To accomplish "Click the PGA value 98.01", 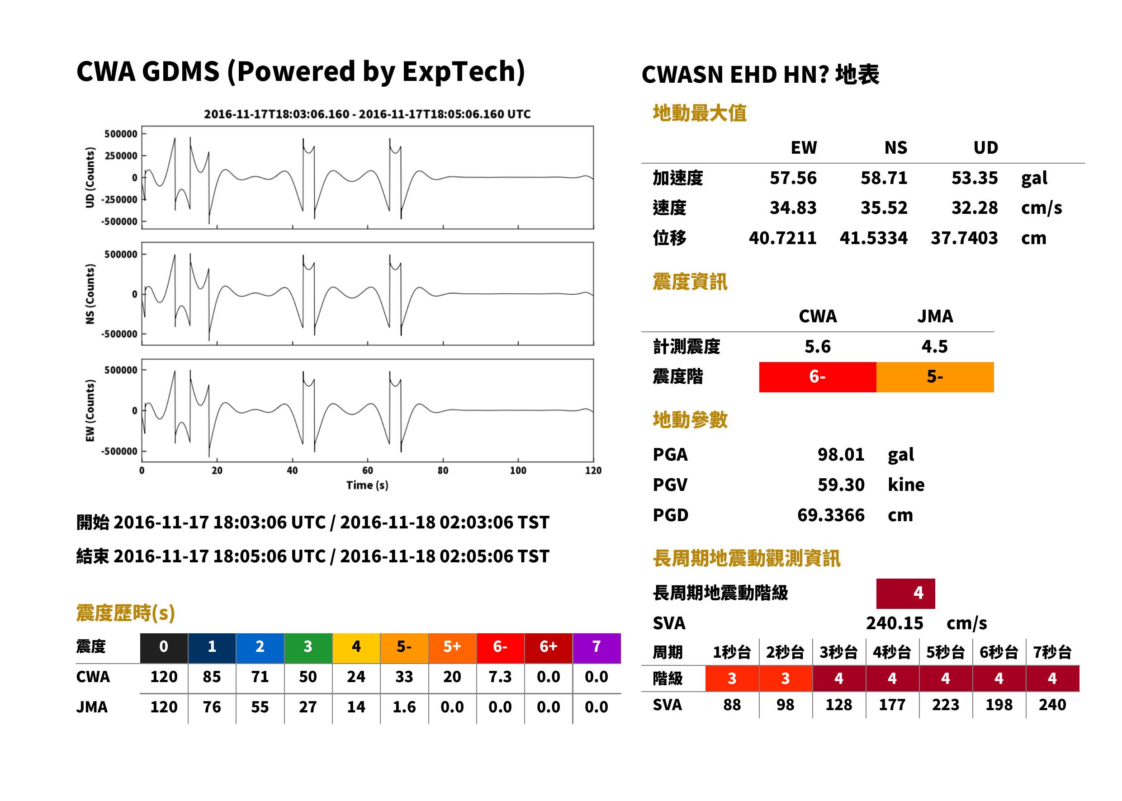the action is pos(841,454).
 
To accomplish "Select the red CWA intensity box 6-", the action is pos(818,377).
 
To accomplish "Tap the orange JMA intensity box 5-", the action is pos(935,377).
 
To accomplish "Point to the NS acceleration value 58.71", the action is pos(884,178).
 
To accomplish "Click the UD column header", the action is pos(985,147).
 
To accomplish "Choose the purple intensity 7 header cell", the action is pos(597,648).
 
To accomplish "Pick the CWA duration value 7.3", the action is pos(500,677).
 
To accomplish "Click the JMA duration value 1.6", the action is pos(404,707).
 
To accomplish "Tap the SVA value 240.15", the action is pos(894,623).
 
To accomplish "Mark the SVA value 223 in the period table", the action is pos(945,705).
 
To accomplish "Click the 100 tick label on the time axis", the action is pos(518,471).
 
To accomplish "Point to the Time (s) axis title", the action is pos(367,485).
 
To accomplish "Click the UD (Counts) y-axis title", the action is pos(90,178).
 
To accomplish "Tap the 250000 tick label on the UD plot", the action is pos(121,156).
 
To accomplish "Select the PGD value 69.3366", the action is pos(831,515).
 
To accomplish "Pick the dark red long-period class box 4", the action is pos(905,594).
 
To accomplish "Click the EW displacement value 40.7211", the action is pos(782,238).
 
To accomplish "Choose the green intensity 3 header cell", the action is pos(308,648).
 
